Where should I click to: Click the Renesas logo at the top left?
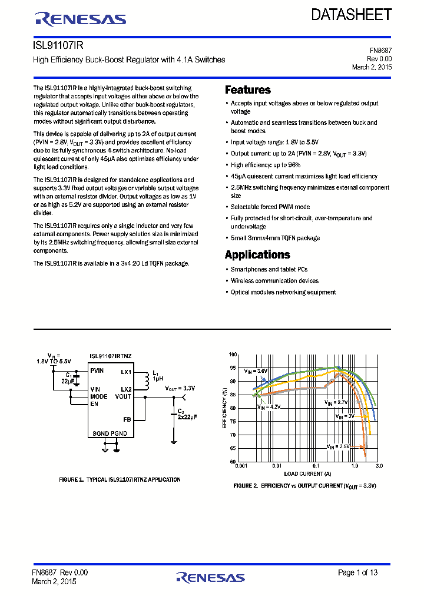(x=81, y=19)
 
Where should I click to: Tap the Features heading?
(x=248, y=90)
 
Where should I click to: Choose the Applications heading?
(x=257, y=255)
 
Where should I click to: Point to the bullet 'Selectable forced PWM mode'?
(x=270, y=207)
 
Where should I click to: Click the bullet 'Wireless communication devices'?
(x=274, y=281)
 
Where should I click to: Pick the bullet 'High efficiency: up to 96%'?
(x=266, y=165)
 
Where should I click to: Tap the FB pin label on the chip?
(x=127, y=419)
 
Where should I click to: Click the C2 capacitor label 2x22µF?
(x=187, y=416)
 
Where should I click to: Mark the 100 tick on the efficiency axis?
(x=233, y=355)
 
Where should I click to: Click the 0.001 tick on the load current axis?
(x=240, y=465)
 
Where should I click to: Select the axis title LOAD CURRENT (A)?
(x=307, y=474)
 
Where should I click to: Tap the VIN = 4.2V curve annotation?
(x=268, y=406)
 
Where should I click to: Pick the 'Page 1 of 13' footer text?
(x=357, y=572)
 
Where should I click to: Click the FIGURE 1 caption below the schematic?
(x=120, y=480)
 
